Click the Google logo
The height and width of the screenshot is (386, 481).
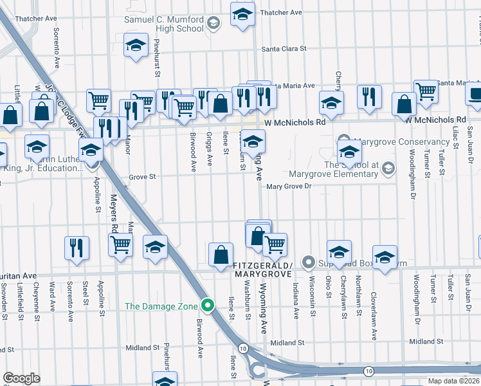point(21,378)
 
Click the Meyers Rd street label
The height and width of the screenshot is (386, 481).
point(113,213)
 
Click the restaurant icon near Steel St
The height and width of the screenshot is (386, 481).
point(77,248)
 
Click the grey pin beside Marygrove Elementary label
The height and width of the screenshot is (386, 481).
point(388,169)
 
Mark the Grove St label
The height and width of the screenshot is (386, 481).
point(142,176)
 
